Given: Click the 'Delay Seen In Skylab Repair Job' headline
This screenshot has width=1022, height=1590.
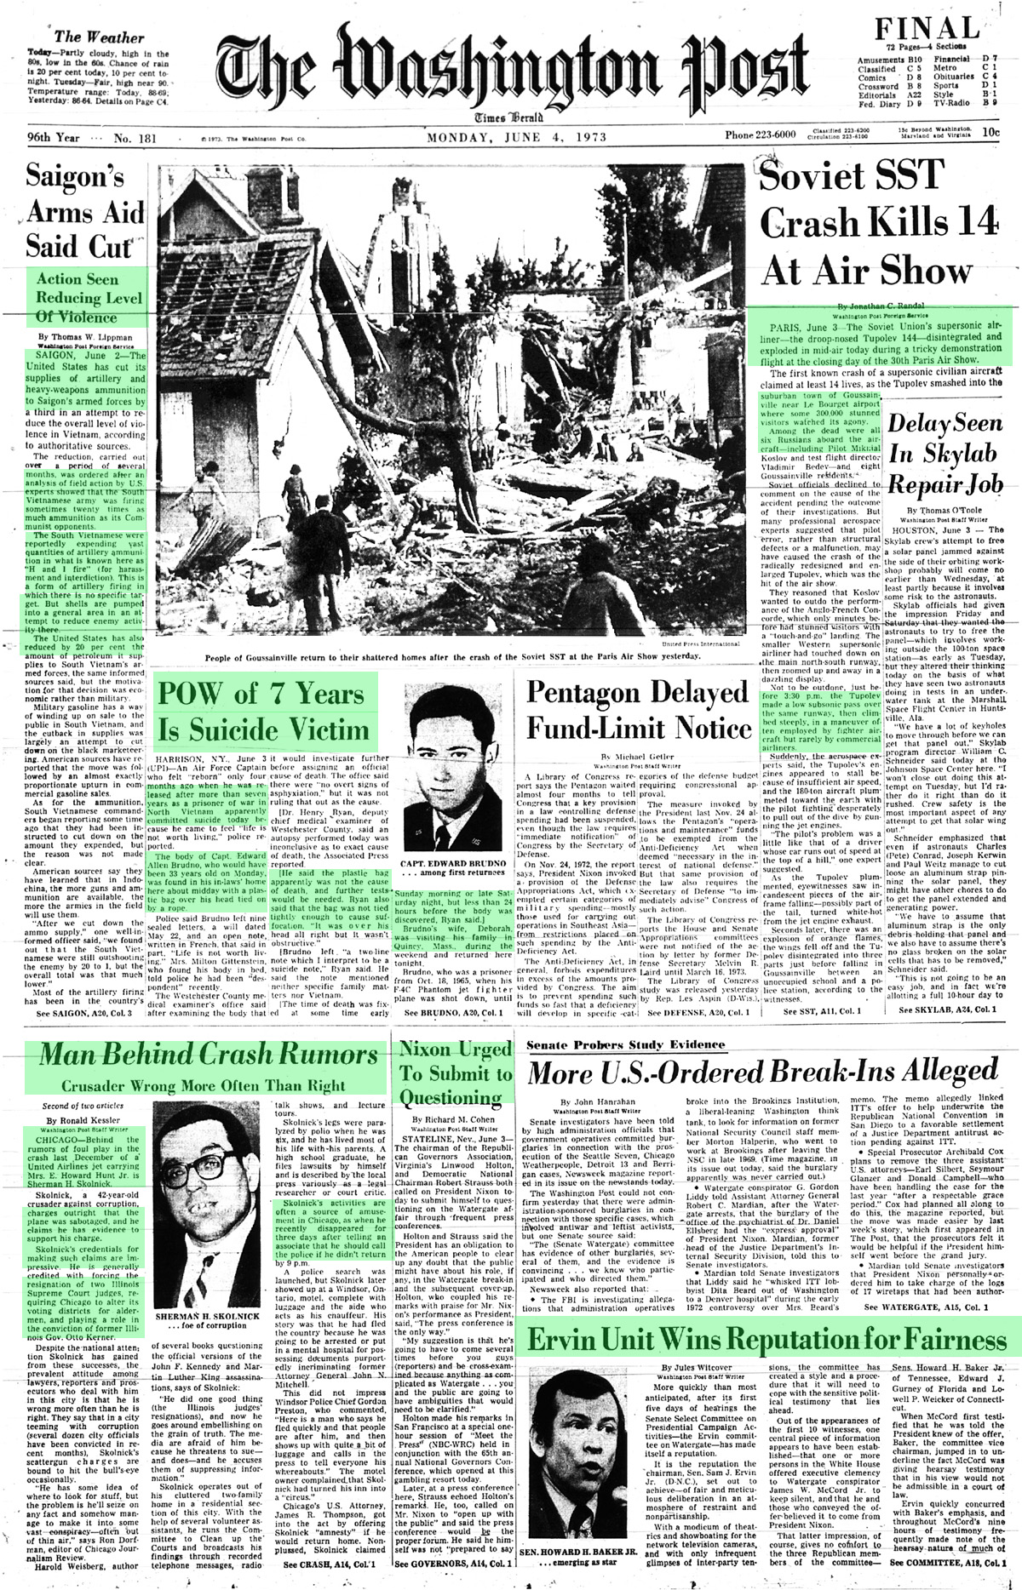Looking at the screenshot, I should pos(945,454).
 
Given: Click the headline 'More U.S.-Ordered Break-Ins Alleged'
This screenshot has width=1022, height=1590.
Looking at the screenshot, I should pos(761,1070).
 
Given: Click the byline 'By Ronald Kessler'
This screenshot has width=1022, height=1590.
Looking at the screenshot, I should pos(84,1120).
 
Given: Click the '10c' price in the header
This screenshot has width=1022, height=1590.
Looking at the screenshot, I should pos(990,133).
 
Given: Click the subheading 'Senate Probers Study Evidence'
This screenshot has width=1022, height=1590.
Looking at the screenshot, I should pos(625,1044).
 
